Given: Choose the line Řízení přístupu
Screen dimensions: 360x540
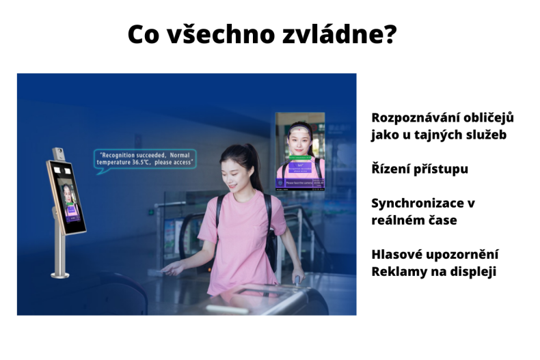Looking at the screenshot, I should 420,169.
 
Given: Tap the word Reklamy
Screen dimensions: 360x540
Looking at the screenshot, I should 397,271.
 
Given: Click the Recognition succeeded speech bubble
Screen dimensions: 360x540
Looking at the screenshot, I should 144,159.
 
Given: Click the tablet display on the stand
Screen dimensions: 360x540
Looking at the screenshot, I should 71,199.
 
